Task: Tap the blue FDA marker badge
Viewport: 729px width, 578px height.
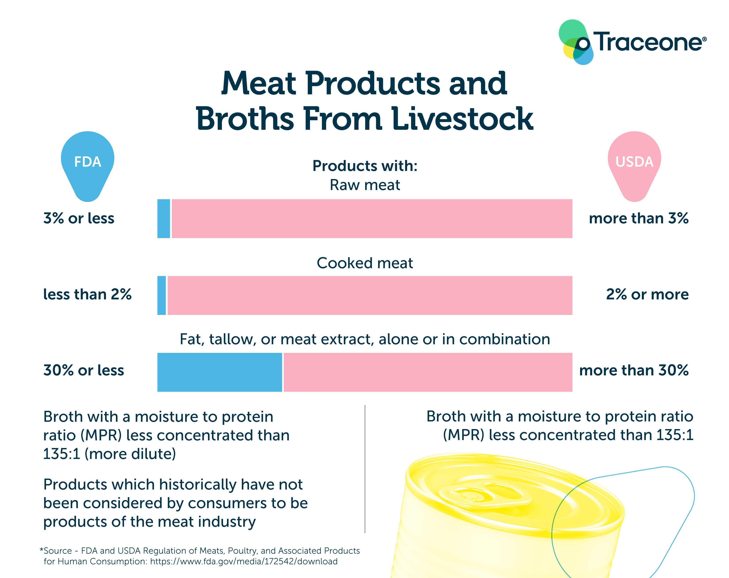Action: (x=88, y=164)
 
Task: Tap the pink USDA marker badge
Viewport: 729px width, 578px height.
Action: (x=634, y=164)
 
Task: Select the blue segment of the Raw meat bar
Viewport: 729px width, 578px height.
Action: (x=164, y=219)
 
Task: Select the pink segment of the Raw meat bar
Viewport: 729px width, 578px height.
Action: (x=372, y=219)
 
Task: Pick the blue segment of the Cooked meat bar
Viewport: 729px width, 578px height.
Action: (x=162, y=295)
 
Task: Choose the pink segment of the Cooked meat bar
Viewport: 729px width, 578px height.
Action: (x=370, y=295)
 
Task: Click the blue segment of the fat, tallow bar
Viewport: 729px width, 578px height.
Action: (x=219, y=372)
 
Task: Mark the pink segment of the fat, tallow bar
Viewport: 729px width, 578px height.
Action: (x=428, y=372)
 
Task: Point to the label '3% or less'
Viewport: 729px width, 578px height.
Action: (x=79, y=218)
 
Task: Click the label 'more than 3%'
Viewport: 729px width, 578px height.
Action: (x=639, y=218)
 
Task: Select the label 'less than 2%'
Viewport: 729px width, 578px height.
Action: (x=87, y=294)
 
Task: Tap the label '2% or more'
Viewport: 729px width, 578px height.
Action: (x=647, y=294)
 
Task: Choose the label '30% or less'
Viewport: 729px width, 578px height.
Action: (x=83, y=370)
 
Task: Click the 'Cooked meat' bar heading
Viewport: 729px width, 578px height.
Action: (x=365, y=263)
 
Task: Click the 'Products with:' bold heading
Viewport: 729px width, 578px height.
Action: (x=365, y=166)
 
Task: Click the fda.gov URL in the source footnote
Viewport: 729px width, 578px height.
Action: (x=243, y=561)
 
